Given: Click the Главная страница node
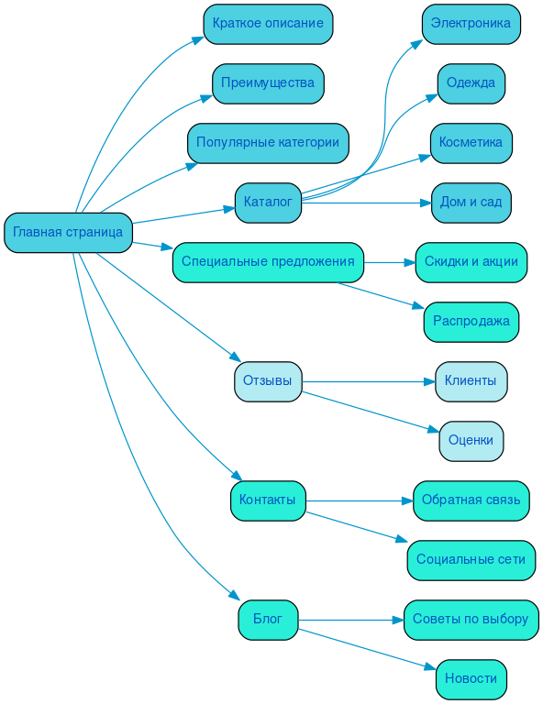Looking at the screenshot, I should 68,232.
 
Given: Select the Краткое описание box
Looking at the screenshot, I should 268,23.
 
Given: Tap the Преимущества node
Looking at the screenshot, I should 268,82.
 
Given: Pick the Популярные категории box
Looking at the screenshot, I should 268,142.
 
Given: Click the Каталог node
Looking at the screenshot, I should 268,202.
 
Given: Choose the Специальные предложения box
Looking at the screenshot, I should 268,261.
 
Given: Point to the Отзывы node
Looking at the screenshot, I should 268,380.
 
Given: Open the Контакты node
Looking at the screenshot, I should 268,500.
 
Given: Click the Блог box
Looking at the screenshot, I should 268,620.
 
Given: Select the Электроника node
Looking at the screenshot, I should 471,23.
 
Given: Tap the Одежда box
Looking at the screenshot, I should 471,82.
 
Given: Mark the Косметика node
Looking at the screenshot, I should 471,142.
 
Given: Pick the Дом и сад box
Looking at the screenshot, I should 471,202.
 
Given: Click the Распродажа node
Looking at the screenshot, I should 471,321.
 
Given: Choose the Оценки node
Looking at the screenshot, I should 471,440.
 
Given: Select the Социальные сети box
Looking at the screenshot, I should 471,559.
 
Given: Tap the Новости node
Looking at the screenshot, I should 471,678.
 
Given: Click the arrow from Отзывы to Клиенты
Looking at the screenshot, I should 367,380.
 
